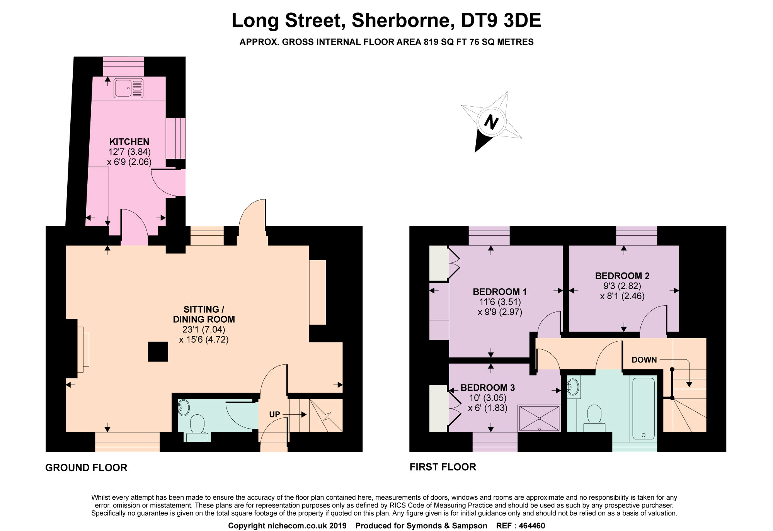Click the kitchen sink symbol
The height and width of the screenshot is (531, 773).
pyautogui.click(x=128, y=88)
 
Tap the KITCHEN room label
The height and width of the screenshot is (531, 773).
pyautogui.click(x=129, y=141)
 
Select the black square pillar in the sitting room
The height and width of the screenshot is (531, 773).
pyautogui.click(x=158, y=352)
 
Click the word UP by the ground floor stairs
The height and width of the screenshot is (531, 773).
pyautogui.click(x=274, y=414)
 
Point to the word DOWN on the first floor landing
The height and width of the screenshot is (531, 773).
pyautogui.click(x=644, y=360)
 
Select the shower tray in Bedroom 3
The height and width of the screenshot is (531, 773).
pyautogui.click(x=539, y=418)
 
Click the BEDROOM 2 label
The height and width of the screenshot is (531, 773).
pyautogui.click(x=622, y=276)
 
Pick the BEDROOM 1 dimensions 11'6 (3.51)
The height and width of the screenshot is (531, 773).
pyautogui.click(x=500, y=302)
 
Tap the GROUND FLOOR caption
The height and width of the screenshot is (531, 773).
pyautogui.click(x=86, y=468)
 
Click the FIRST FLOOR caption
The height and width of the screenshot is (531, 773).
pyautogui.click(x=443, y=467)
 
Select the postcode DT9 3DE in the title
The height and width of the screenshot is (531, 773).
pyautogui.click(x=501, y=20)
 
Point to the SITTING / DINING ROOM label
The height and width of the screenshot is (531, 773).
pyautogui.click(x=204, y=314)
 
